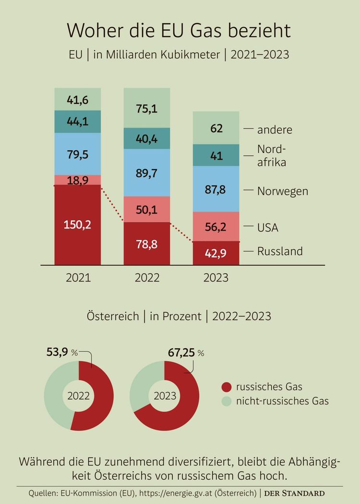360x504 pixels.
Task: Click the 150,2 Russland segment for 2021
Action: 78,224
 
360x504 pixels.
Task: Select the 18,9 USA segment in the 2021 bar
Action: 78,180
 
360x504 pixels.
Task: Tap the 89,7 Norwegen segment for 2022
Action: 147,172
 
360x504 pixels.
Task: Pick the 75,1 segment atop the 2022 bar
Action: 147,108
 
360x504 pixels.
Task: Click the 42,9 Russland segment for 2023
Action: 216,253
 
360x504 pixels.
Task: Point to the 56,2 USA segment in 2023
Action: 216,226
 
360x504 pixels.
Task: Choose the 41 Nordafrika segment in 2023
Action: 216,155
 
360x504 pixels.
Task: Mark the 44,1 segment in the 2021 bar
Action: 78,122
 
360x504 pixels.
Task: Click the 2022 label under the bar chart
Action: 147,278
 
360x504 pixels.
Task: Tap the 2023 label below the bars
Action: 216,278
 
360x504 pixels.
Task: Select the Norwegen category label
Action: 282,191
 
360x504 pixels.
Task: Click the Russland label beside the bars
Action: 280,251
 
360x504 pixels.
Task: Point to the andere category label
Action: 275,129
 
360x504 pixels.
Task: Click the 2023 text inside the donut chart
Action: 165,396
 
